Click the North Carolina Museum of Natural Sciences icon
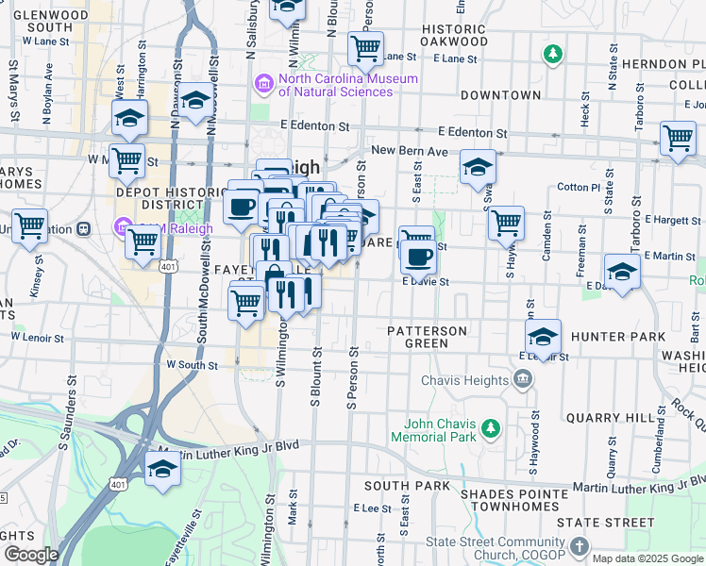coord(262,86)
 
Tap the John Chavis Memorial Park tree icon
coord(490,430)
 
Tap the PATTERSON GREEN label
coord(428,337)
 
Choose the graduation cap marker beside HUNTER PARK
coord(544,337)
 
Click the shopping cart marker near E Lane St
coord(365,46)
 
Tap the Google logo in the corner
coord(30,555)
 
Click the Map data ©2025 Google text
coord(647,558)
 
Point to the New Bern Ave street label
coord(409,151)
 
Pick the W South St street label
coord(192,364)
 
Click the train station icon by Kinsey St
coord(83,228)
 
